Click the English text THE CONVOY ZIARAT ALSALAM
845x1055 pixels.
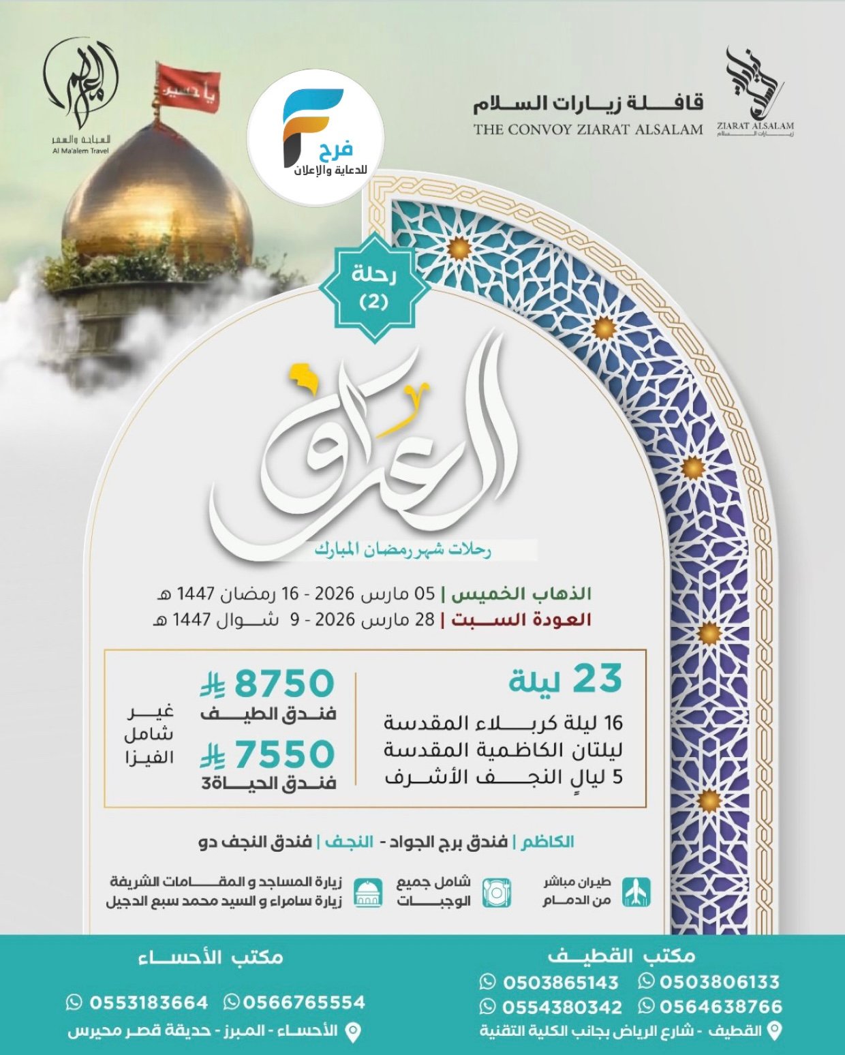point(588,129)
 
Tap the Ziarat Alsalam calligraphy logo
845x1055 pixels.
point(754,93)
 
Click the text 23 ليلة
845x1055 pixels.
point(566,679)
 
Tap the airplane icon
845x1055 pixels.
point(636,892)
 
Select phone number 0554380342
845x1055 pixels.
point(562,1007)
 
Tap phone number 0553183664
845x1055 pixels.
point(149,1003)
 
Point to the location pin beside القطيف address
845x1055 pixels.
point(774,1031)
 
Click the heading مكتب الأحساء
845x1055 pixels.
point(211,958)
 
